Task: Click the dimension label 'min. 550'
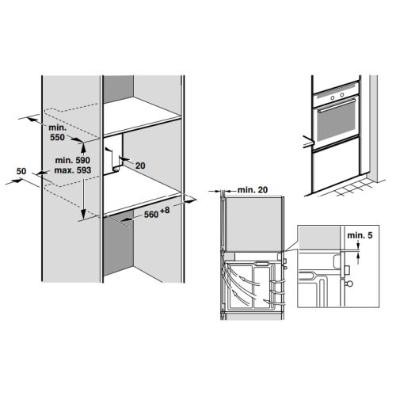[58, 132]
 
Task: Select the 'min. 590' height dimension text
[72, 160]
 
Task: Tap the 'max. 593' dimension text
[73, 170]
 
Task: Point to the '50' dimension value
[21, 171]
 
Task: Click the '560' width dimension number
[151, 215]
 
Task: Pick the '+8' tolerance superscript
[165, 211]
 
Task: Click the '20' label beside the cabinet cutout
[140, 166]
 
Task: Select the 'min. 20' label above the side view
[253, 189]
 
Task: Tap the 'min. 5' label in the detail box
[360, 235]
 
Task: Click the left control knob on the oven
[333, 98]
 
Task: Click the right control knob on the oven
[342, 94]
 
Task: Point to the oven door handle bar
[337, 105]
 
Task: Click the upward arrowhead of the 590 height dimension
[83, 147]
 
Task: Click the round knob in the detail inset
[349, 284]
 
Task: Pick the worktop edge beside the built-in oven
[309, 142]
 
